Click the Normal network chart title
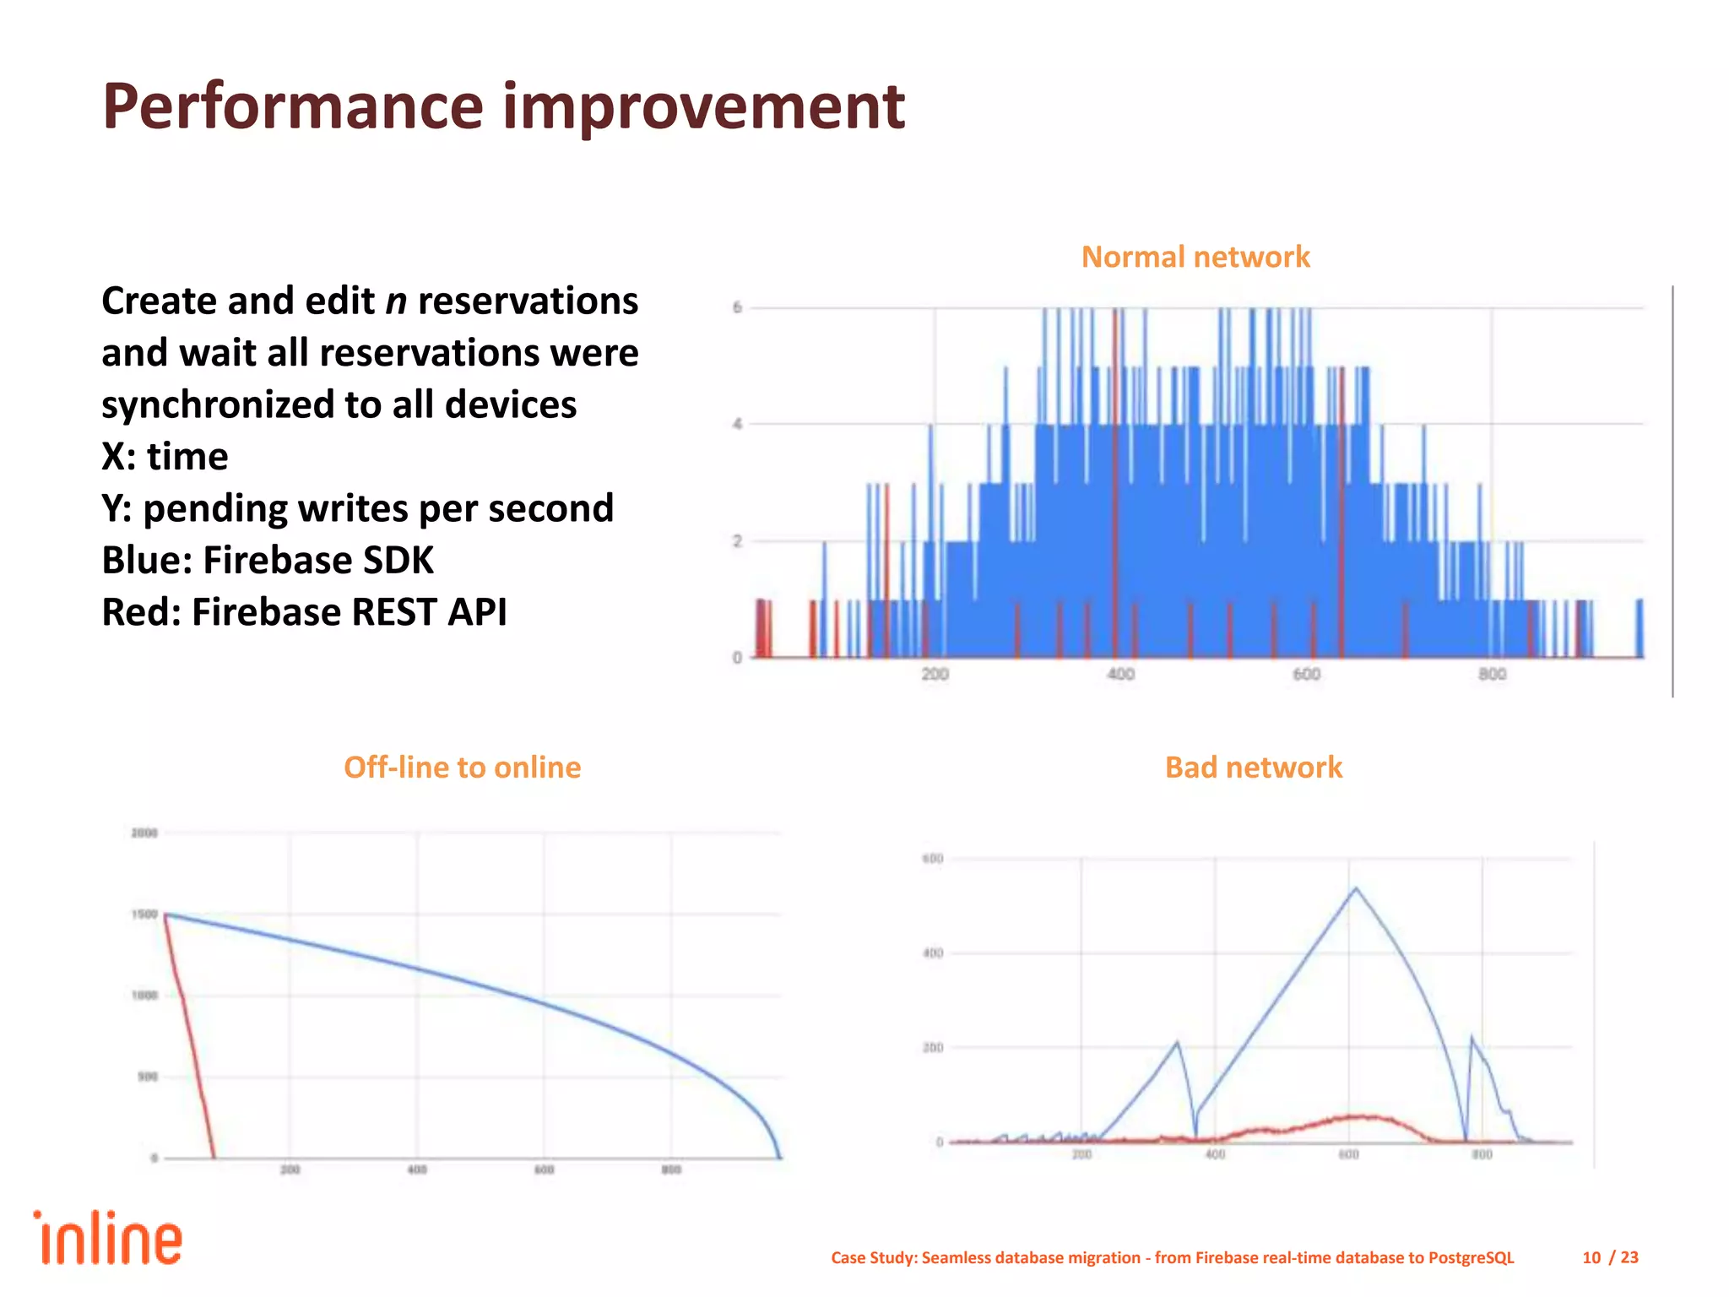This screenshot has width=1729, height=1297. pyautogui.click(x=1195, y=257)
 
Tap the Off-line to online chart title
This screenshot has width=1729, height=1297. pyautogui.click(x=462, y=767)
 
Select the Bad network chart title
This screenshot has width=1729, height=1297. pyautogui.click(x=1253, y=767)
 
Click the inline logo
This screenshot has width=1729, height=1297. pyautogui.click(x=108, y=1239)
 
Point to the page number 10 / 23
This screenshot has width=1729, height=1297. pyautogui.click(x=1609, y=1257)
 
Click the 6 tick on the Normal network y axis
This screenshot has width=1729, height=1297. pyautogui.click(x=737, y=307)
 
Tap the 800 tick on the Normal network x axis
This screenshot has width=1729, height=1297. pyautogui.click(x=1491, y=674)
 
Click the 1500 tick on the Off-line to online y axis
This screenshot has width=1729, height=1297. pyautogui.click(x=144, y=914)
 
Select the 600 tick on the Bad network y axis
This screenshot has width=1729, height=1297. pyautogui.click(x=932, y=859)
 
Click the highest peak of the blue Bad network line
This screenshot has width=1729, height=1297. pyautogui.click(x=1356, y=888)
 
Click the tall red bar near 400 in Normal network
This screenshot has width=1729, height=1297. pyautogui.click(x=1115, y=481)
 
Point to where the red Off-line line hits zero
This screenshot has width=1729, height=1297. pyautogui.click(x=213, y=1156)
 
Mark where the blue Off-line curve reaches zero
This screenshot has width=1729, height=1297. pyautogui.click(x=779, y=1156)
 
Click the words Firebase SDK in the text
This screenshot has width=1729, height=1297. pyautogui.click(x=318, y=560)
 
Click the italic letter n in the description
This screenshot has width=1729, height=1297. pyautogui.click(x=396, y=301)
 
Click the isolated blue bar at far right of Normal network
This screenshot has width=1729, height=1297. pyautogui.click(x=1640, y=627)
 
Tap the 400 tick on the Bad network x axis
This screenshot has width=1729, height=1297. pyautogui.click(x=1214, y=1154)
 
